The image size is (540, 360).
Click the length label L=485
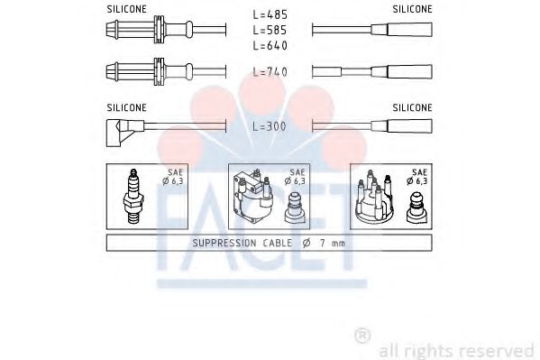pyautogui.click(x=270, y=14)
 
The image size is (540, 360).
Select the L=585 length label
pyautogui.click(x=270, y=30)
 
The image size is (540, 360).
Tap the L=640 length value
pyautogui.click(x=270, y=45)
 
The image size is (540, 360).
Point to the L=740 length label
pyautogui.click(x=270, y=71)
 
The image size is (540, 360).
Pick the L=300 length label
pyautogui.click(x=270, y=126)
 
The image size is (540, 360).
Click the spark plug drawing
pyautogui.click(x=133, y=196)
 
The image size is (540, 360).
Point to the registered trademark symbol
pyautogui.click(x=362, y=336)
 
